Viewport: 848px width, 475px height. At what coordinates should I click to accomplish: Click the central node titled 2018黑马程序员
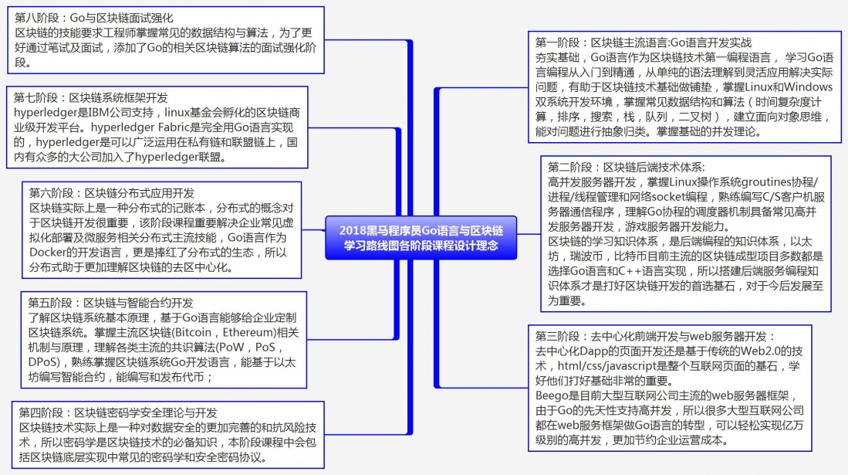click(421, 238)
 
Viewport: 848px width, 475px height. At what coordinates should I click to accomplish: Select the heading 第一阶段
click(644, 42)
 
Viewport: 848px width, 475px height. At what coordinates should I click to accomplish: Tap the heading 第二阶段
click(627, 168)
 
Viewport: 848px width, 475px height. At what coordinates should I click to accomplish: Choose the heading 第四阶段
click(118, 412)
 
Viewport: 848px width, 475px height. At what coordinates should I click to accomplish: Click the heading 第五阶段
click(111, 303)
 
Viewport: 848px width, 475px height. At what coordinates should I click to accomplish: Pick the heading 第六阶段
click(111, 193)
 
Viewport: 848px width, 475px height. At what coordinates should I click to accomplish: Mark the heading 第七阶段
click(91, 98)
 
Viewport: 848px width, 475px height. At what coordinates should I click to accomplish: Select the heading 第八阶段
click(94, 18)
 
